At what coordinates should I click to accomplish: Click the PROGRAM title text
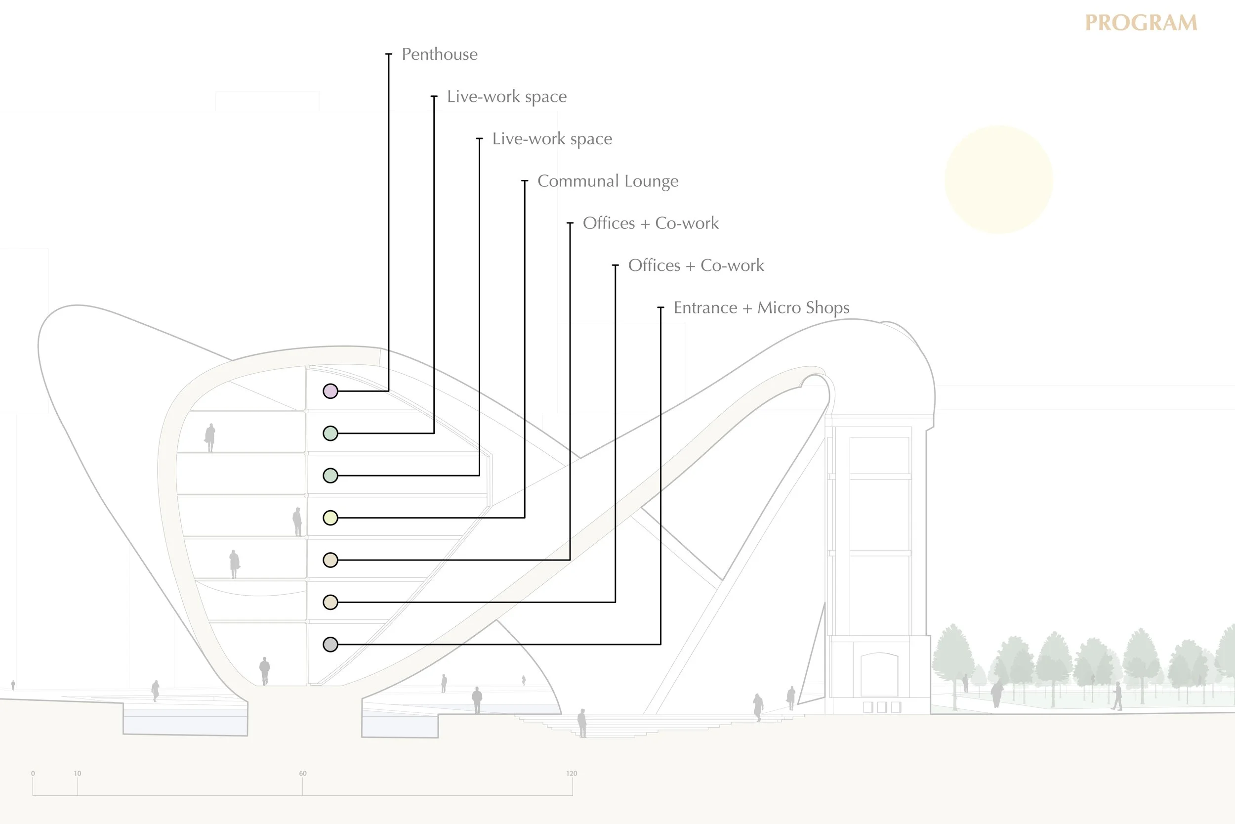point(1141,23)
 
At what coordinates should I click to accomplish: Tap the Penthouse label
point(440,55)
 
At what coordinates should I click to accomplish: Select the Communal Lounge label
point(608,181)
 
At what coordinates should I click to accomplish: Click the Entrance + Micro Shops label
point(761,308)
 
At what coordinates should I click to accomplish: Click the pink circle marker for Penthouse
point(330,391)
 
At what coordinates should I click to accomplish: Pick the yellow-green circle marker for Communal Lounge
point(330,518)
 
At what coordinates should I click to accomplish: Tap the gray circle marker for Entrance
point(330,644)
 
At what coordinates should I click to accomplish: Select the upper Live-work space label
point(507,97)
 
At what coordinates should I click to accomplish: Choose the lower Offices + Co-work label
point(696,265)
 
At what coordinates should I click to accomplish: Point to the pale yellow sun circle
point(998,180)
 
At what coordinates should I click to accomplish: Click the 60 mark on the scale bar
point(303,774)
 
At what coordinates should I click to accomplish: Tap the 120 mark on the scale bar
point(571,774)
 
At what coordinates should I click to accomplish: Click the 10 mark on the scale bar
point(78,774)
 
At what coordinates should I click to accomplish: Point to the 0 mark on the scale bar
point(33,774)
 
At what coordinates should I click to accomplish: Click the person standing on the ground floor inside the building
point(265,671)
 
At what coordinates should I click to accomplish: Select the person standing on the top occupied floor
point(210,437)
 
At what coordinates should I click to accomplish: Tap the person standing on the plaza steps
point(582,723)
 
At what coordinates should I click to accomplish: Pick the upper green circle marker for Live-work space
point(330,434)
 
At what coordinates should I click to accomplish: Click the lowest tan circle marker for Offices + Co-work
point(330,602)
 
